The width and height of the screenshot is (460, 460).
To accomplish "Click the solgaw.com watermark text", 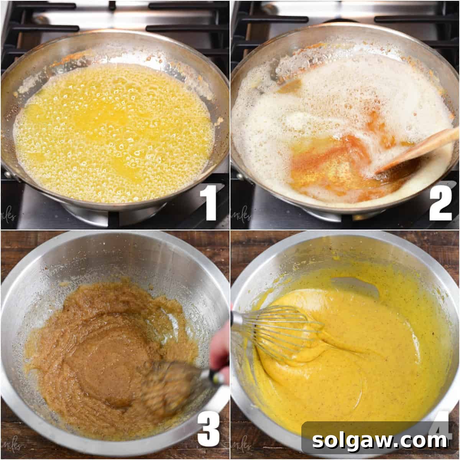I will [379, 441].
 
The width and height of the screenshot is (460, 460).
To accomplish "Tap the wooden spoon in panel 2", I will [418, 149].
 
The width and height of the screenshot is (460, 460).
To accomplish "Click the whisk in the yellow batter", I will [291, 330].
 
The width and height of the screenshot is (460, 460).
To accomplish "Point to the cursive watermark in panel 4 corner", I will [240, 447].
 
